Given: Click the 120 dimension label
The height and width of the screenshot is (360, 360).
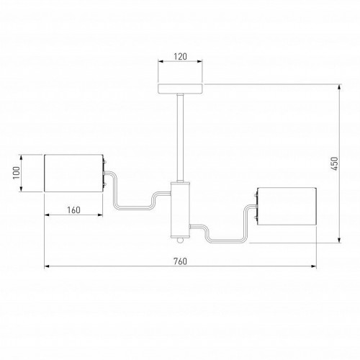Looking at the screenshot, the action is click(x=180, y=57).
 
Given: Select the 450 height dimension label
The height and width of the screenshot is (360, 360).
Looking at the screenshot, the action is click(x=334, y=163).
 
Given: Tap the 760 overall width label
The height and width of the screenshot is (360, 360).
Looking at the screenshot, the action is click(x=180, y=261).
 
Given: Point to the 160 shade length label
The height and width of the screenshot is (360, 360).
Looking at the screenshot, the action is click(x=73, y=210).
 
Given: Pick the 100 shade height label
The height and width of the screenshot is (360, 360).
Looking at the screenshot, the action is click(x=16, y=173).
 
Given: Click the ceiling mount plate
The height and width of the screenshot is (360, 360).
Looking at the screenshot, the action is click(x=180, y=89).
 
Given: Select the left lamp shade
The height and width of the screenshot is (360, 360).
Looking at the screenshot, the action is click(x=73, y=173).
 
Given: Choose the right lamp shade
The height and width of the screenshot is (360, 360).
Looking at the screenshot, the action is click(x=287, y=207).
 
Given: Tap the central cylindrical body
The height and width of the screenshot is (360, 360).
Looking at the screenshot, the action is click(x=180, y=210).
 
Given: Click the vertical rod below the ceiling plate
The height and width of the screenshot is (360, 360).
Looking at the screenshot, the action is click(x=180, y=138).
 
